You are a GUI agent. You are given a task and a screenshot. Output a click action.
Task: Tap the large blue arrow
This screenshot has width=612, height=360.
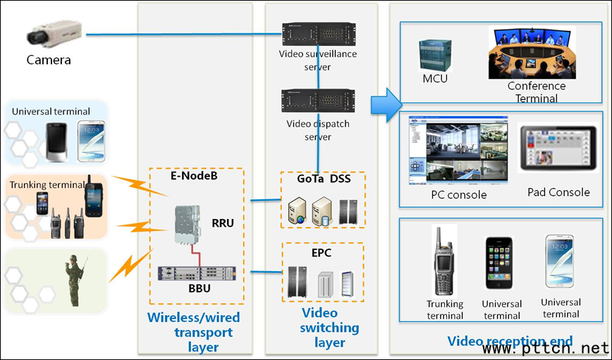coord(386,104)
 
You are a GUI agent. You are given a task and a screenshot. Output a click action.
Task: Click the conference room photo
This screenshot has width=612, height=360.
coord(532,53)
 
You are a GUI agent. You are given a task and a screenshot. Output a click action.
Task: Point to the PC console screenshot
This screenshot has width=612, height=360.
coord(448,154)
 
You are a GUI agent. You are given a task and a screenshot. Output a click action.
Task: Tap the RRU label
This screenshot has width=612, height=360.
coord(223,223)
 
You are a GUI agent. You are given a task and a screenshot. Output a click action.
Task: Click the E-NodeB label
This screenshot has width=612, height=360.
coord(194,176)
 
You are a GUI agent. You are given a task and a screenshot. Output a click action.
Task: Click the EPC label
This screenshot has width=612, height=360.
coord(321,252)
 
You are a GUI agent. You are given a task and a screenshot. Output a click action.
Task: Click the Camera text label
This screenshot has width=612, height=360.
coord(49,60)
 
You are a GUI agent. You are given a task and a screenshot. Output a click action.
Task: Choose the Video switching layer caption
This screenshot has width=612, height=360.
coord(330,328)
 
